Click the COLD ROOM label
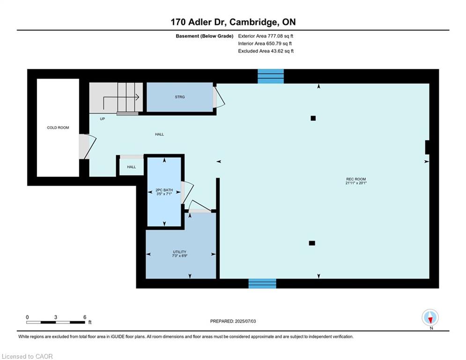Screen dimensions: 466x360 click(58, 127)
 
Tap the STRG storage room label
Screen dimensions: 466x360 click(180, 97)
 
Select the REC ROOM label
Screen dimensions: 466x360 click(356, 179)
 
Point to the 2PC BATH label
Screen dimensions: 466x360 click(164, 190)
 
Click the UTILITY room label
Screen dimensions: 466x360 click(179, 252)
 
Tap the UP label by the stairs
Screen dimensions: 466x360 click(102, 119)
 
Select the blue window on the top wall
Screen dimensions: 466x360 click(270, 76)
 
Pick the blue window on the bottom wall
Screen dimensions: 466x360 click(262, 284)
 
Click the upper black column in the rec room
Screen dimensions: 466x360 click(313, 119)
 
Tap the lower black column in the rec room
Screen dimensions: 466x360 click(312, 243)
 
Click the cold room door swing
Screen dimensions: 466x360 click(90, 146)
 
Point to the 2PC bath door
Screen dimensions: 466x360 click(187, 192)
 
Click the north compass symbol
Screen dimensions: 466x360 click(430, 317)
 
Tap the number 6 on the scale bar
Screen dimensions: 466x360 click(85, 317)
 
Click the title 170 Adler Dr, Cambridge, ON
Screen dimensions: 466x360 click(233, 22)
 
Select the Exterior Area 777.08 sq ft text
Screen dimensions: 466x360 click(266, 36)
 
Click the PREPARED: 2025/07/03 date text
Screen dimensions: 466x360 click(233, 321)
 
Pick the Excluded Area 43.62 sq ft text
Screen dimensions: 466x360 click(266, 51)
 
